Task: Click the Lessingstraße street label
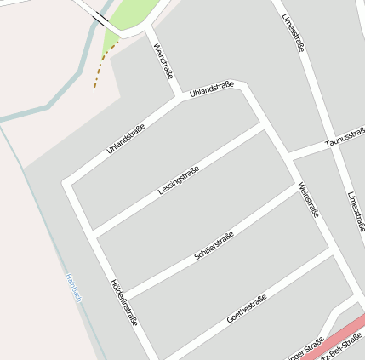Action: point(179,181)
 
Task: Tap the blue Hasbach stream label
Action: point(75,288)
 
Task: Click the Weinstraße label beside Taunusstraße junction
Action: point(308,200)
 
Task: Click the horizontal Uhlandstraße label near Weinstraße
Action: point(212,88)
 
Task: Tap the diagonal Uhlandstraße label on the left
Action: point(126,139)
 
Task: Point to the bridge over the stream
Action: point(100,16)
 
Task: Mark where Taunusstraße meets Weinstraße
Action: point(289,155)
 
